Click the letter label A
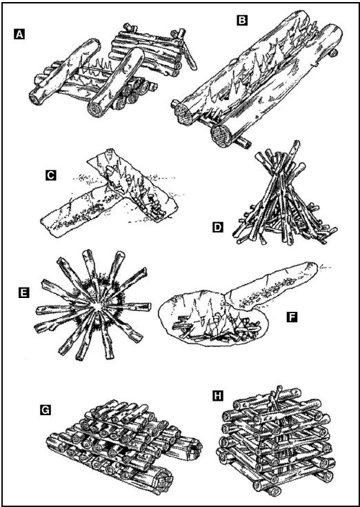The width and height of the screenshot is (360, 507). click(x=19, y=34)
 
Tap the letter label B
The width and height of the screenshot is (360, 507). click(x=242, y=21)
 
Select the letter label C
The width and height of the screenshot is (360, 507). click(x=51, y=175)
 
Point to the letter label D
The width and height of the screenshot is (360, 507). click(x=218, y=228)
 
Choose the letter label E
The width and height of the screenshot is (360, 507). click(x=24, y=293)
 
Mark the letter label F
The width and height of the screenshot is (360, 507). click(x=292, y=317)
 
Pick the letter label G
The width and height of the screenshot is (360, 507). click(x=46, y=410)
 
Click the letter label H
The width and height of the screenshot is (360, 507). click(x=218, y=396)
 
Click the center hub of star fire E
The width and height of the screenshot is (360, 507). click(x=97, y=306)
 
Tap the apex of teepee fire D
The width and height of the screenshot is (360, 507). click(x=294, y=143)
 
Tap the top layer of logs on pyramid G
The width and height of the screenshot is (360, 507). click(x=120, y=410)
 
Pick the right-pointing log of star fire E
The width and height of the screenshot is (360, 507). click(x=128, y=306)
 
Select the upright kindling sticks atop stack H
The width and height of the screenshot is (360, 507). click(x=273, y=396)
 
